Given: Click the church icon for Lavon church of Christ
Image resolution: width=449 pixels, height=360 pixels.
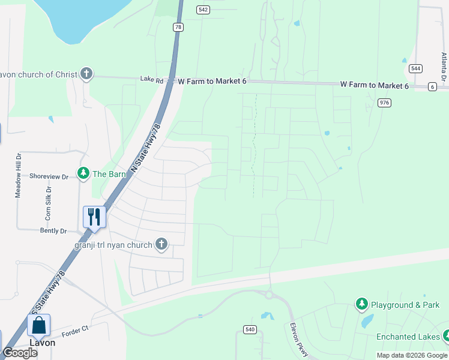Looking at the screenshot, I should [x=86, y=74].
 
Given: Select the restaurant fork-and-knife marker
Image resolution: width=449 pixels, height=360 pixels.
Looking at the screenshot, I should [x=94, y=216].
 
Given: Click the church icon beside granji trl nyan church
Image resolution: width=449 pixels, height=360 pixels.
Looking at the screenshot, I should [x=161, y=244].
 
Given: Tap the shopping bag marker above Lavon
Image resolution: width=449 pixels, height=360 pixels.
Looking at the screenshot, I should [x=38, y=325].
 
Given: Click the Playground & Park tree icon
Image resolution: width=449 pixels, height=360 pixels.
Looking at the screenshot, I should [x=361, y=305].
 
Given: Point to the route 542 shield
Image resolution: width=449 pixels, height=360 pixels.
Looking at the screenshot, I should [x=203, y=10].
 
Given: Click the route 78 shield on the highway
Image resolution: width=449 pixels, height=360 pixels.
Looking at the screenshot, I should [x=178, y=28].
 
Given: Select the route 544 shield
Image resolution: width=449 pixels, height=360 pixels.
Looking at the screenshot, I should [x=415, y=68].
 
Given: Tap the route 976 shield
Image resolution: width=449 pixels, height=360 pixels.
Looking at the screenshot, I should [x=385, y=103].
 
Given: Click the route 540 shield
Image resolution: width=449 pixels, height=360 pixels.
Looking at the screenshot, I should [x=250, y=329].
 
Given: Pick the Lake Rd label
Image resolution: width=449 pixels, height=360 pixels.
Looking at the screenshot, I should [x=152, y=79].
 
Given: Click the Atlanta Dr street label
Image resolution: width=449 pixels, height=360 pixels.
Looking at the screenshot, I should [x=444, y=67].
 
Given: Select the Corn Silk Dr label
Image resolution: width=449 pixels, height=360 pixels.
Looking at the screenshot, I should [x=48, y=202].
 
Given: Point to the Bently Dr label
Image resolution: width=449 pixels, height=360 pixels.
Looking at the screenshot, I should [x=53, y=230].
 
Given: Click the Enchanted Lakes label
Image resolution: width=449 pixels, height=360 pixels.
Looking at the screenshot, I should [x=408, y=337].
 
